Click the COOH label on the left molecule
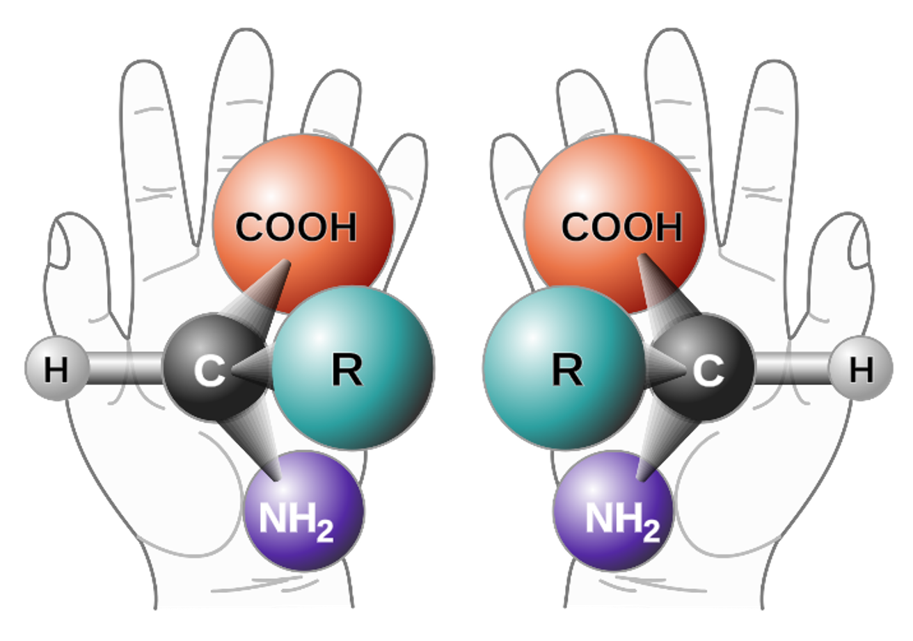point(296,227)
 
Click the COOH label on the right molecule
point(621,227)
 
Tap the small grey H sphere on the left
point(56,369)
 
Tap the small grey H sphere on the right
point(861,369)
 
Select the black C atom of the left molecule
point(209,372)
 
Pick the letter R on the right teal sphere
point(567,372)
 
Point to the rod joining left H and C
point(125,368)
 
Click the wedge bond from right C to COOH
point(661,292)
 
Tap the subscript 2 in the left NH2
point(325,532)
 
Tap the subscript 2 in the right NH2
point(651,532)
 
